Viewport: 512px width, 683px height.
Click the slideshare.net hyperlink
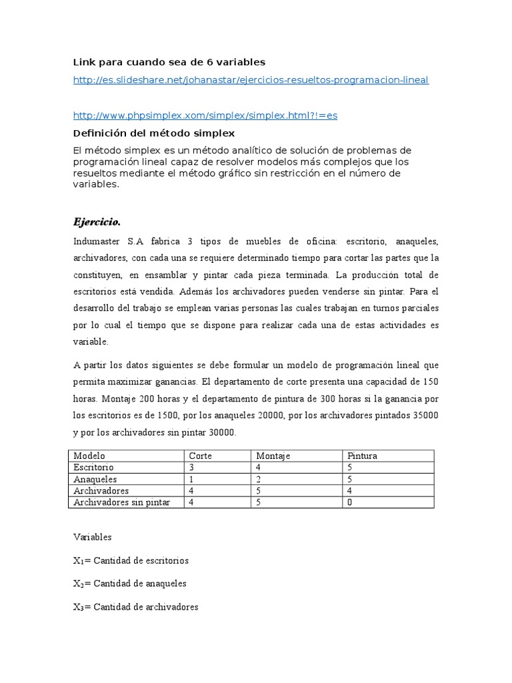(x=251, y=80)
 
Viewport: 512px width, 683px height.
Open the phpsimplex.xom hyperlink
(x=205, y=115)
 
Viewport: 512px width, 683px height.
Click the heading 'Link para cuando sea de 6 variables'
(x=169, y=62)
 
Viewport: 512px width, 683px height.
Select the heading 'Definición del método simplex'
(x=153, y=133)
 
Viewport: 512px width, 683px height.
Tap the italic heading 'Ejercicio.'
(x=97, y=221)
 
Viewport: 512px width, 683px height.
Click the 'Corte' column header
(x=201, y=456)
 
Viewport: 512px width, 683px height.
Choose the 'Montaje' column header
(x=273, y=456)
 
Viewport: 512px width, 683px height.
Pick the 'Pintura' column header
(x=363, y=456)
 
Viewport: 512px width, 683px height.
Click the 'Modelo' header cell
(x=89, y=456)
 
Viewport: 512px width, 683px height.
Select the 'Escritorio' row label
(x=94, y=468)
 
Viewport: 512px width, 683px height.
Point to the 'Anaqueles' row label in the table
(x=95, y=479)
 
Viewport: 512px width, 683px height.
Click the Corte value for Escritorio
(x=192, y=468)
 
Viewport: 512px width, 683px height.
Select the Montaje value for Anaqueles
(x=259, y=479)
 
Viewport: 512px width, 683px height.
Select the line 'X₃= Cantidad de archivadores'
(x=135, y=607)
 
